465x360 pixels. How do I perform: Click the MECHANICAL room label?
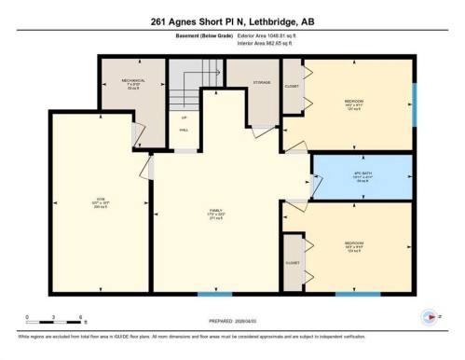[133, 81]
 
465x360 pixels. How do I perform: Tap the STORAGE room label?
[262, 83]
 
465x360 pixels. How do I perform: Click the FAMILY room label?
[216, 212]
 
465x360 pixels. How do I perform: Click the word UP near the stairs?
[184, 118]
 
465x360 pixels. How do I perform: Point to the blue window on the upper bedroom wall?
[413, 104]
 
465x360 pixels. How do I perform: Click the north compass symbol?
[431, 317]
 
